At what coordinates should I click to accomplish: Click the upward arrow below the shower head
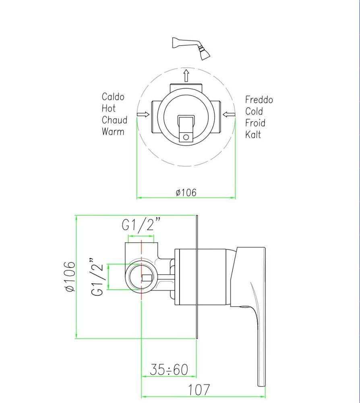(186, 75)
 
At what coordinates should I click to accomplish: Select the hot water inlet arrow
(143, 114)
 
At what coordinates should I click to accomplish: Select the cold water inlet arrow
(229, 114)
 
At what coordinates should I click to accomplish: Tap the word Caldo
(113, 97)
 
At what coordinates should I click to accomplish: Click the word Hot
(109, 108)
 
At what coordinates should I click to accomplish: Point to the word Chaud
(114, 120)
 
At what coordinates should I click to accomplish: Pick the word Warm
(113, 132)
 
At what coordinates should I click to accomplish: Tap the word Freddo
(259, 100)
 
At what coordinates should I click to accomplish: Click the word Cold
(254, 111)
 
